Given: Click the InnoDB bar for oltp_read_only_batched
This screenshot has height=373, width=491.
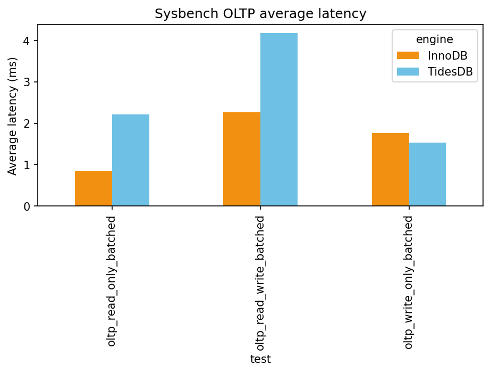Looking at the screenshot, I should click(x=94, y=188).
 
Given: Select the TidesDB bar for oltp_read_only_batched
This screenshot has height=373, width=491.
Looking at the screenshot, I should click(x=131, y=160).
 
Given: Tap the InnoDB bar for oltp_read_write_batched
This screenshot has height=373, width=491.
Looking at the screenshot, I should click(x=242, y=159).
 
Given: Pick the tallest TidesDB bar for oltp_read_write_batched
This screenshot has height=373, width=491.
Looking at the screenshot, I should click(x=279, y=120).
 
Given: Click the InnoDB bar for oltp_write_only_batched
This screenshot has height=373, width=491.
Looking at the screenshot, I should click(x=390, y=169).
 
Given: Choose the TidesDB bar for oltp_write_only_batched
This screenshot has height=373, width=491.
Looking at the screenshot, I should click(x=427, y=174).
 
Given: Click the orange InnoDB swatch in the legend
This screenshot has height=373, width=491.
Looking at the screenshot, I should click(x=408, y=56).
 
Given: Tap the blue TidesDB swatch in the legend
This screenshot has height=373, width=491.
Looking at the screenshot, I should click(x=408, y=72).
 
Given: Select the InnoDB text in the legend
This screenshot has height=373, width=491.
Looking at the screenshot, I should click(x=447, y=56).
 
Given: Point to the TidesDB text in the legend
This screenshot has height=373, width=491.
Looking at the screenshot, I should click(x=450, y=72).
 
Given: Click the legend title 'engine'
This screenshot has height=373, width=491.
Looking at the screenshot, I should click(x=434, y=39).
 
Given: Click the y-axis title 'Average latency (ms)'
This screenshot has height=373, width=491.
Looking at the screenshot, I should click(x=13, y=115).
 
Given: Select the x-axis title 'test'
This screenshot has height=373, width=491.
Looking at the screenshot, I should click(x=260, y=360).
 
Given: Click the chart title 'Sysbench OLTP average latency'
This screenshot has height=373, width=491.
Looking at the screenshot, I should click(x=260, y=14).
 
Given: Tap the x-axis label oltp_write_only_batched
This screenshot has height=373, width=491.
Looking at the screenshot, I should click(x=409, y=282).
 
